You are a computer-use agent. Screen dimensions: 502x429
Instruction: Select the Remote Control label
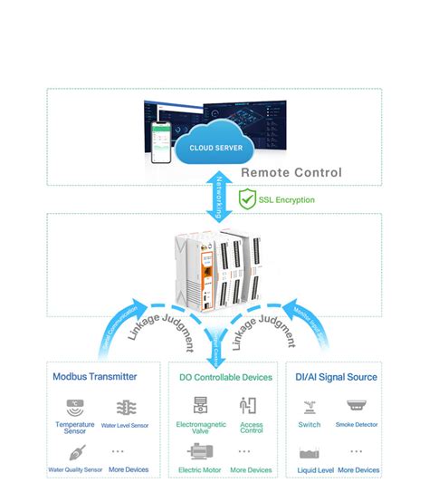tap(291, 172)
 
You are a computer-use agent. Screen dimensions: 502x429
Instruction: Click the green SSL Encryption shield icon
tap(246, 197)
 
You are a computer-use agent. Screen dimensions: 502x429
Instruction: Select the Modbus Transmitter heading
tap(95, 377)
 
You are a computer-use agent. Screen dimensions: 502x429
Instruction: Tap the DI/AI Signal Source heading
tap(337, 377)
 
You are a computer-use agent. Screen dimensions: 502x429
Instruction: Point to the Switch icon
tap(309, 406)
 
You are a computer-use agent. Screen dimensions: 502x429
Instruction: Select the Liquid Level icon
tap(309, 452)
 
